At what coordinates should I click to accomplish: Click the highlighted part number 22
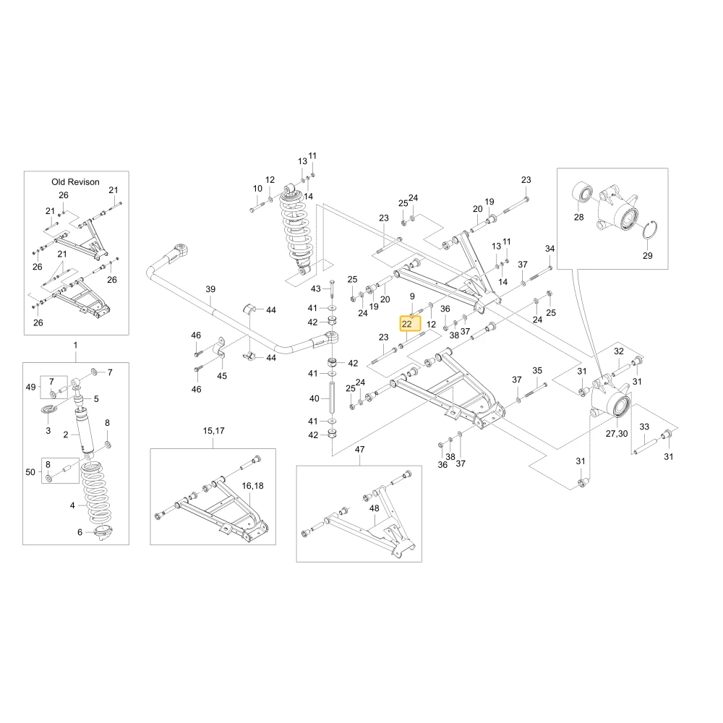[x=406, y=324]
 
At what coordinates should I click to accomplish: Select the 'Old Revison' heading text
[x=76, y=181]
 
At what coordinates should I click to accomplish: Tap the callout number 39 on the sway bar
[x=210, y=289]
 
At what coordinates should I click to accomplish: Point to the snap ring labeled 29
[x=650, y=230]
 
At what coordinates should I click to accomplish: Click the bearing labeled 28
[x=582, y=192]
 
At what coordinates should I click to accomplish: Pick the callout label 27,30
[x=617, y=433]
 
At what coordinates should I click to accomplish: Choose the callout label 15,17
[x=213, y=431]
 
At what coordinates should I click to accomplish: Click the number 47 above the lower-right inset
[x=359, y=449]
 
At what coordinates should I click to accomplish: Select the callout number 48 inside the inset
[x=375, y=508]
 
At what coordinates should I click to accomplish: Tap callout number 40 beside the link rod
[x=314, y=398]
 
